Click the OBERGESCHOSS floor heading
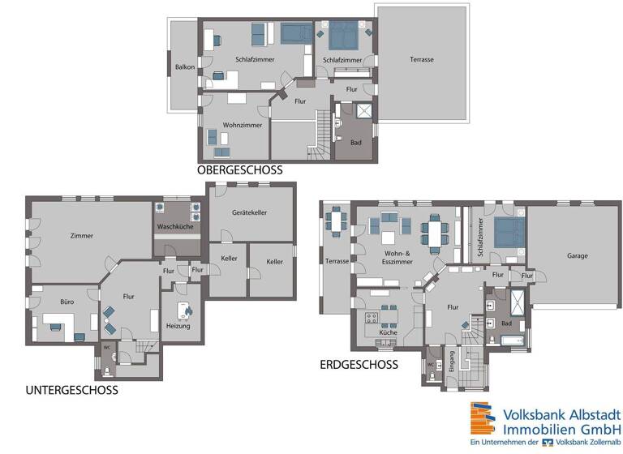(239, 170)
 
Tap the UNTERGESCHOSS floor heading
(71, 390)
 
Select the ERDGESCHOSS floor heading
(359, 365)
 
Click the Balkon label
(184, 66)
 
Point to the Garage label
(577, 255)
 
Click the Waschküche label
(174, 226)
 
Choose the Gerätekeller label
(249, 212)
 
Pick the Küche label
(388, 332)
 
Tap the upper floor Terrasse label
(421, 60)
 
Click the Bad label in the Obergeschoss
(355, 142)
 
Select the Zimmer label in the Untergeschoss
(81, 236)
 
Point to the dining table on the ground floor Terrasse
(336, 221)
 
